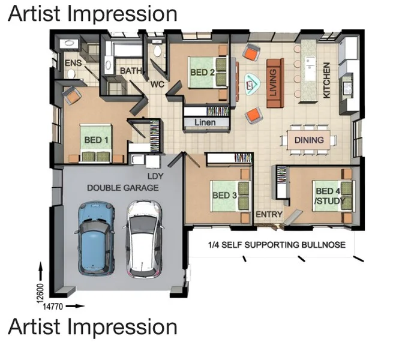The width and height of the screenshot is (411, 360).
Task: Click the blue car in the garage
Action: pyautogui.click(x=97, y=238)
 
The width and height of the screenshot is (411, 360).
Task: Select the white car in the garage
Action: pyautogui.click(x=144, y=239)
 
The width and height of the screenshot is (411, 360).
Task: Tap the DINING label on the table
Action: pyautogui.click(x=309, y=140)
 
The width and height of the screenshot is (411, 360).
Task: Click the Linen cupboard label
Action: pyautogui.click(x=205, y=122)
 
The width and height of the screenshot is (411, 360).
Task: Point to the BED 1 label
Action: pyautogui.click(x=96, y=140)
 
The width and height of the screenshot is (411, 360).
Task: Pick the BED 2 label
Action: pyautogui.click(x=202, y=72)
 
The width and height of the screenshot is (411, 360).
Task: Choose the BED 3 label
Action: pyautogui.click(x=224, y=196)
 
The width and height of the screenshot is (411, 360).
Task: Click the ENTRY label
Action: pyautogui.click(x=269, y=214)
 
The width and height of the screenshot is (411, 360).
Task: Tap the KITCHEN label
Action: pyautogui.click(x=326, y=80)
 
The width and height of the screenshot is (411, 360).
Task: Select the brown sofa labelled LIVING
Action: pyautogui.click(x=275, y=83)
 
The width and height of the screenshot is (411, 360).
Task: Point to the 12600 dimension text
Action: pyautogui.click(x=40, y=293)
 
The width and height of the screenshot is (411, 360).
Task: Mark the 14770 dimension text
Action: pyautogui.click(x=53, y=306)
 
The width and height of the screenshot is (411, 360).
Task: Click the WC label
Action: pyautogui.click(x=157, y=85)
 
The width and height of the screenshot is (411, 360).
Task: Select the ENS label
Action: pyautogui.click(x=73, y=63)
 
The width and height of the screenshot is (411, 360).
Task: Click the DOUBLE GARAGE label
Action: pyautogui.click(x=122, y=188)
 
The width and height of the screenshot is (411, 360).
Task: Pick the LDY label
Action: pyautogui.click(x=155, y=176)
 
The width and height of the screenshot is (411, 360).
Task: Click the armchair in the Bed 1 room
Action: pyautogui.click(x=71, y=96)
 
